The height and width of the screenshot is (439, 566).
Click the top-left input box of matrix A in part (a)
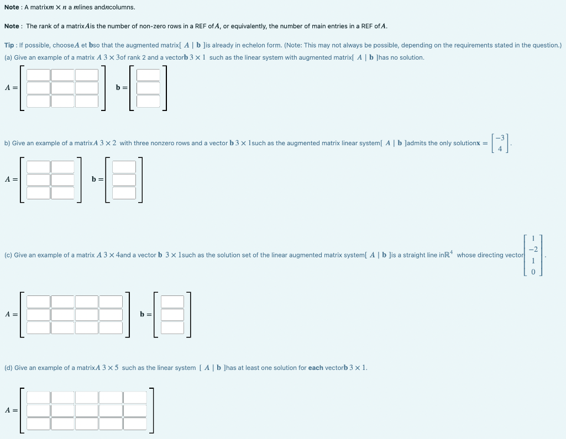39,75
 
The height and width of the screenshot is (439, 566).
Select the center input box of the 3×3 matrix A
63,88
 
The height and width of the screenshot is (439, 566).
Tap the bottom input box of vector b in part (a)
148,101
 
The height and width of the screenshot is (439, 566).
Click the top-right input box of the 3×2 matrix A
62,167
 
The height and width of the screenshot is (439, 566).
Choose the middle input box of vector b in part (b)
124,179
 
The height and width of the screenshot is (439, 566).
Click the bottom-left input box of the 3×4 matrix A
39,327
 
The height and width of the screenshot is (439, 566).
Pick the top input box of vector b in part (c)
172,301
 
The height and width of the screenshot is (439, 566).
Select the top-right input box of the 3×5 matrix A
135,398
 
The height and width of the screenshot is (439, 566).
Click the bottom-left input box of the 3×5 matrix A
39,424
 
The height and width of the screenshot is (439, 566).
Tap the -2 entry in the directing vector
533,250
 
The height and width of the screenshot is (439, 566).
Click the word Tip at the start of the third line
9,45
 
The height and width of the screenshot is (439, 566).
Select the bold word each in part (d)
316,368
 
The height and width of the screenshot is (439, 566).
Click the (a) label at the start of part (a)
8,57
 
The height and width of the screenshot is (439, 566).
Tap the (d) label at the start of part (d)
8,368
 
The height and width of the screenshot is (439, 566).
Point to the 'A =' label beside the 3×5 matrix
11,410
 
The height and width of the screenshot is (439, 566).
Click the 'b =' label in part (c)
145,314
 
